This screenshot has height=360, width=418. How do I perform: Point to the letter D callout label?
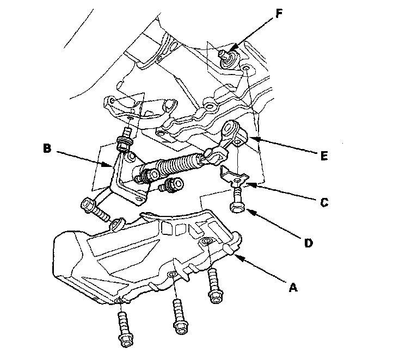click(x=308, y=243)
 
